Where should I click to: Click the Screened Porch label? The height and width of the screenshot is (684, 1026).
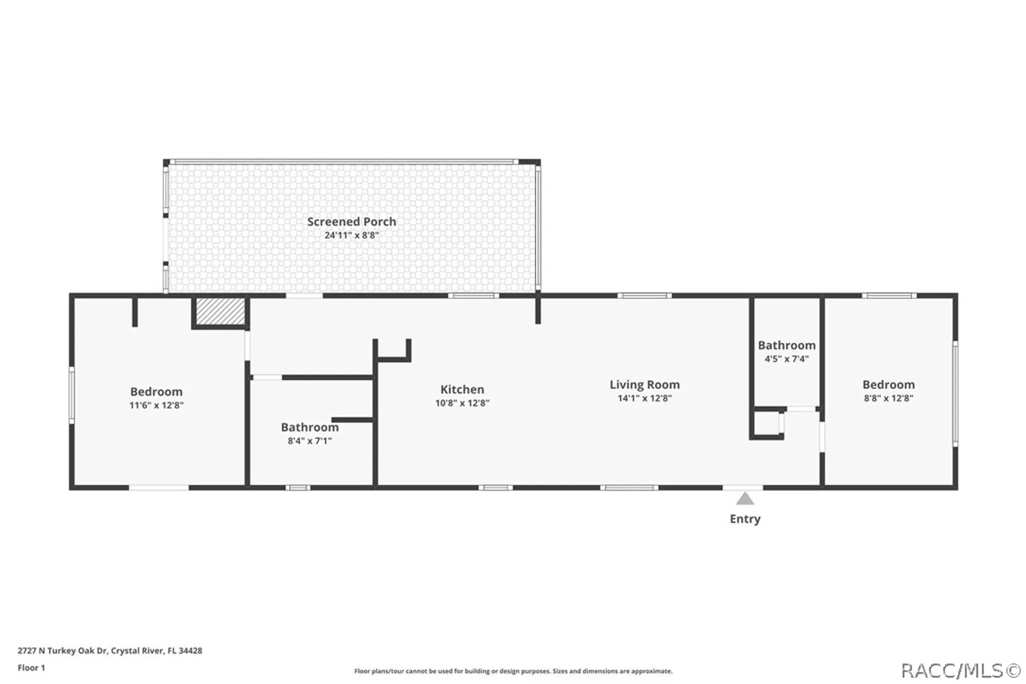tap(351, 222)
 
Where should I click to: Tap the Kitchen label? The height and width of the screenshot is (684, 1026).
tap(462, 389)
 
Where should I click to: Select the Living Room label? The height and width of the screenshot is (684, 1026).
tap(645, 385)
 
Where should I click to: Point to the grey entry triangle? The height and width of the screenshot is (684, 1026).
tap(745, 498)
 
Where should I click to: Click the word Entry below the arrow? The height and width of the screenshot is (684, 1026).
tap(745, 519)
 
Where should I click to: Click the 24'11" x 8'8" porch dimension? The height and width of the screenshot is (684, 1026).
tap(351, 236)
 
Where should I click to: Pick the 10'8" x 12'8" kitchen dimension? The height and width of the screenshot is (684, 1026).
tap(462, 403)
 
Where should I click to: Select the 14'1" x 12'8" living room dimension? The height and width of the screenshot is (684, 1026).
tap(645, 398)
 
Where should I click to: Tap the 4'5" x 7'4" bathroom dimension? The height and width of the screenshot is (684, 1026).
tap(787, 358)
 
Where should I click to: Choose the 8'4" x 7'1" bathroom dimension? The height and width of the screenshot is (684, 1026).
tap(310, 441)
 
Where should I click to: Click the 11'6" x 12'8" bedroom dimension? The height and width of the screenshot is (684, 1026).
tap(156, 405)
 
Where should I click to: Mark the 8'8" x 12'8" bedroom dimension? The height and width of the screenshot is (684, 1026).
tap(889, 398)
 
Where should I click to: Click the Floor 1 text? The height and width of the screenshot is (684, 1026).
tap(32, 668)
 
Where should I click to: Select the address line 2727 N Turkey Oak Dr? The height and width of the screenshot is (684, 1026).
tap(110, 650)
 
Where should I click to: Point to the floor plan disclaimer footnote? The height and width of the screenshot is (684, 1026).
tap(513, 671)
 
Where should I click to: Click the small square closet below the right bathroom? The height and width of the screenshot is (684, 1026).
tap(766, 423)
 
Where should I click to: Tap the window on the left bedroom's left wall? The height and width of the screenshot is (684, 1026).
tap(72, 395)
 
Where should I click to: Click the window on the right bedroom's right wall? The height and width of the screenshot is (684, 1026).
tap(956, 393)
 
